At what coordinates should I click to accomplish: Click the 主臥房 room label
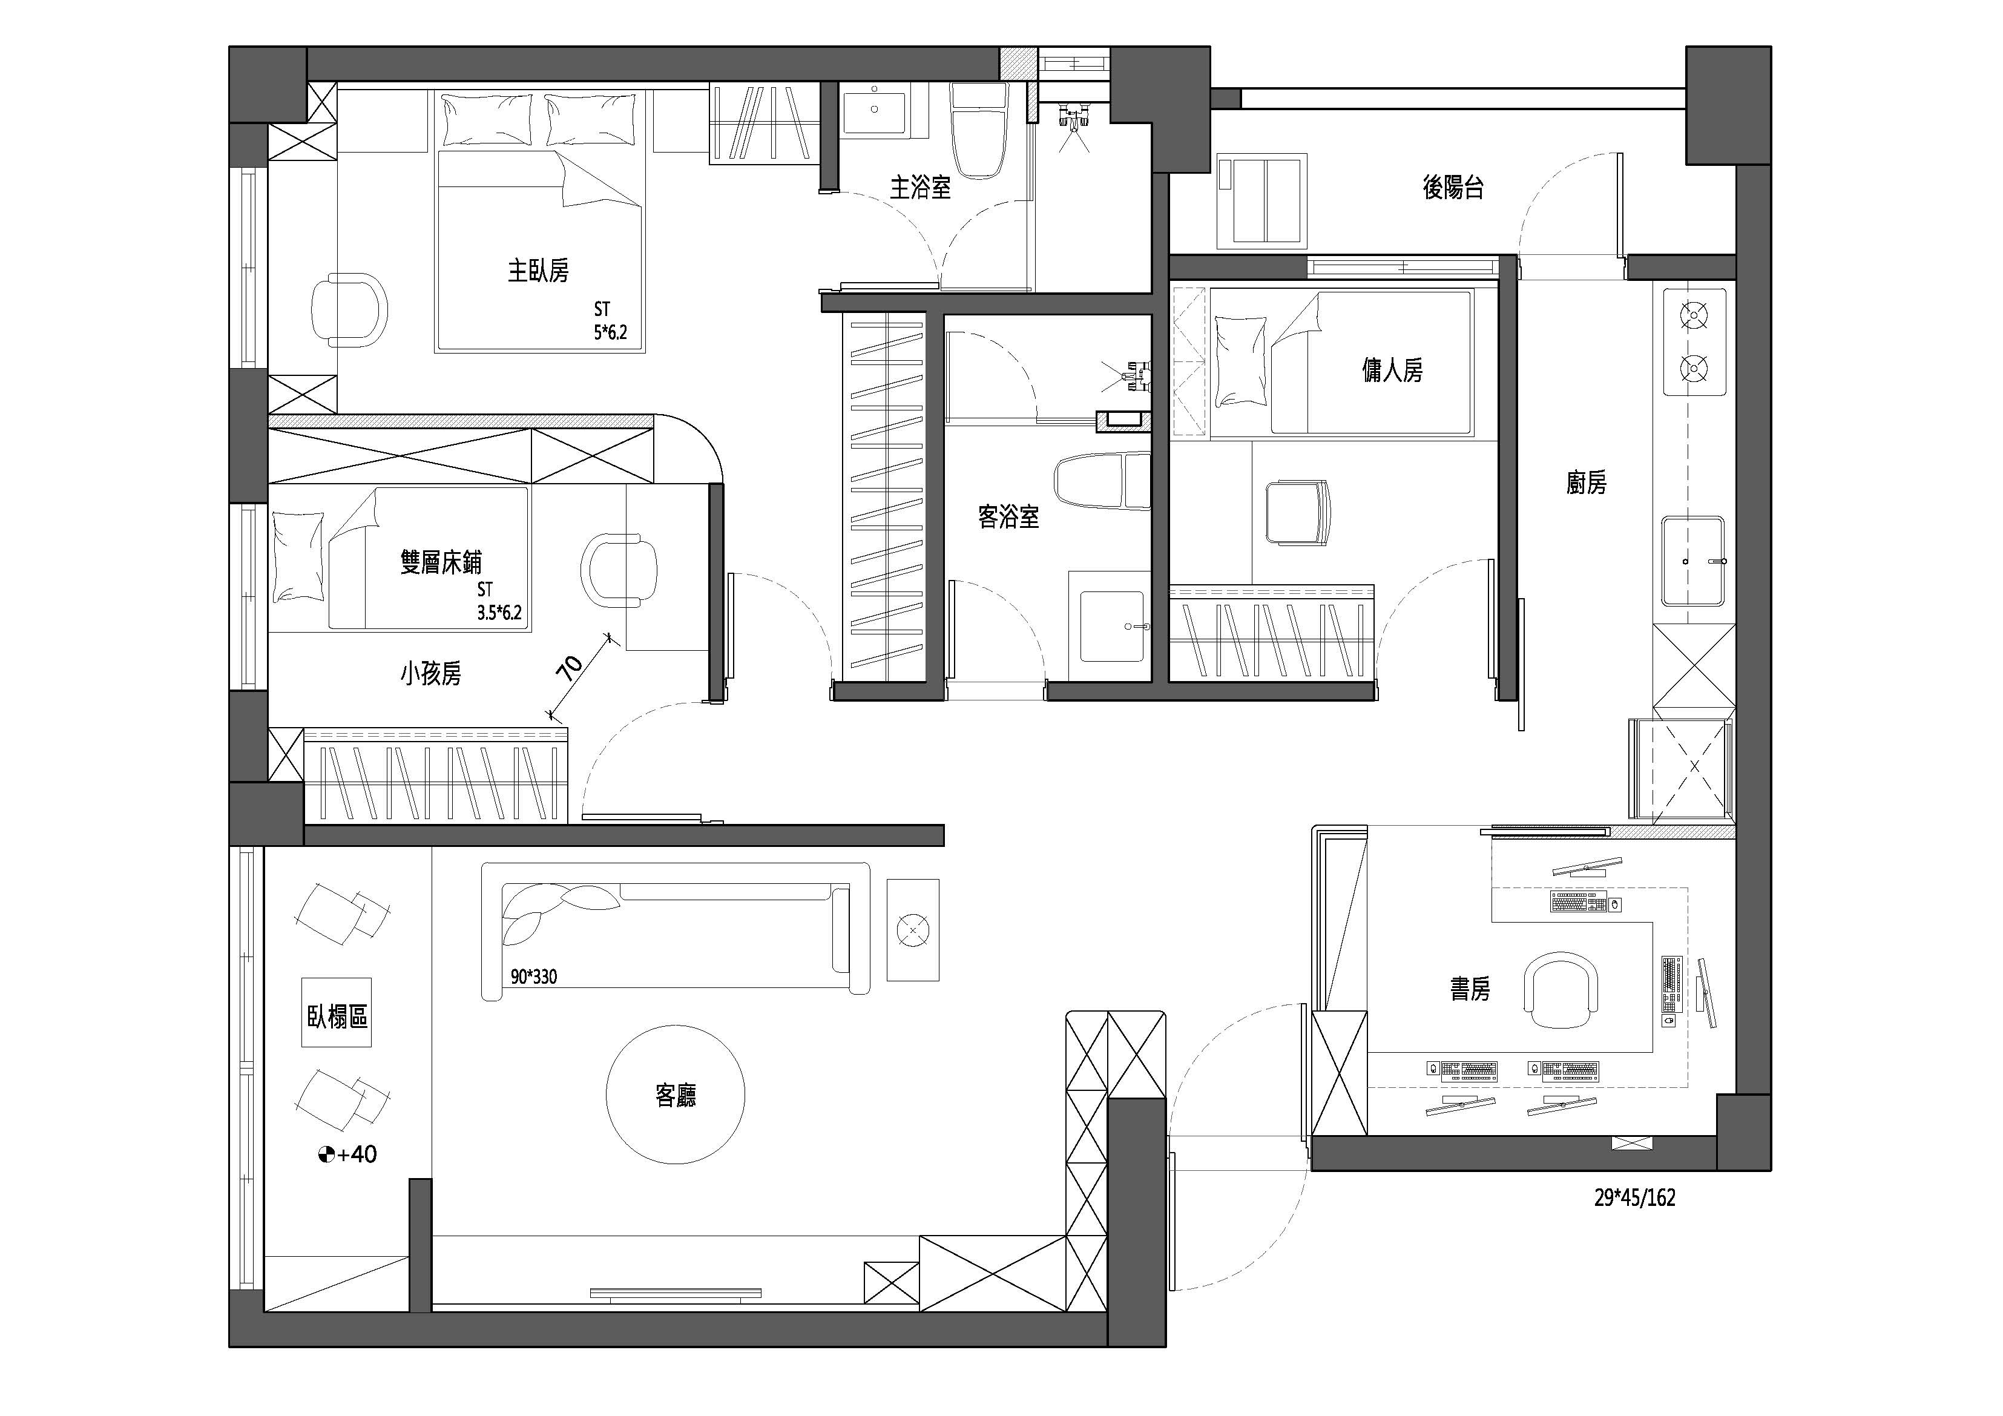[x=538, y=271]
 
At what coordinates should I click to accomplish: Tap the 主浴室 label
[x=920, y=188]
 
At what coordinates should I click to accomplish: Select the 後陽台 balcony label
[x=1453, y=188]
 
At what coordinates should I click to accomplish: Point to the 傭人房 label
[x=1392, y=370]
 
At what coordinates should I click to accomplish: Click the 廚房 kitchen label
[x=1586, y=482]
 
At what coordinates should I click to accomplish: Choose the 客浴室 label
[x=1008, y=518]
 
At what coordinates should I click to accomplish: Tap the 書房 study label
[x=1470, y=989]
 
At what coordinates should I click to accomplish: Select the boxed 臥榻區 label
[x=337, y=1016]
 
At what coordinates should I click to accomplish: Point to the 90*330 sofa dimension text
[x=534, y=976]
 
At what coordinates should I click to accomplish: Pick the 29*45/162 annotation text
[x=1635, y=1198]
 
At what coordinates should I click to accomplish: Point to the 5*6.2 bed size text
[x=611, y=332]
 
